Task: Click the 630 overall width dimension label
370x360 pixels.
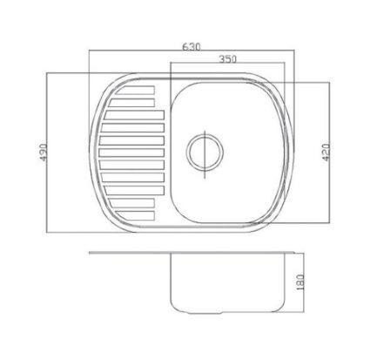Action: tap(192, 47)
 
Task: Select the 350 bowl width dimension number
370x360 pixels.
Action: tap(227, 59)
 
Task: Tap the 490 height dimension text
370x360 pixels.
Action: tap(43, 152)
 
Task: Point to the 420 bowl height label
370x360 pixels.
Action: tap(326, 153)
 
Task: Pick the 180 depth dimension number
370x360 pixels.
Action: tap(300, 282)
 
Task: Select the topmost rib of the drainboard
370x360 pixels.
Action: tap(135, 90)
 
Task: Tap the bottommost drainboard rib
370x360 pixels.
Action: tap(135, 215)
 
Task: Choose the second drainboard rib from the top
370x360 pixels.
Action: tap(131, 103)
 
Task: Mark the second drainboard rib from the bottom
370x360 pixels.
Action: tap(131, 203)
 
